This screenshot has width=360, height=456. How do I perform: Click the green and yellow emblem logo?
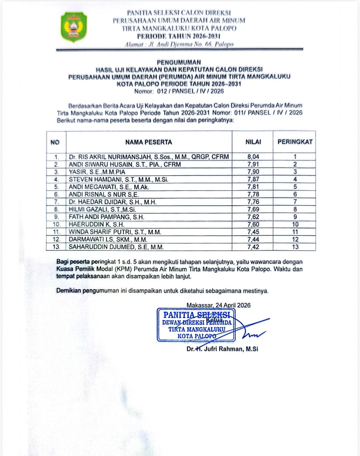point(74,27)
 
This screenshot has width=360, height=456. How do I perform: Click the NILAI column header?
point(253,142)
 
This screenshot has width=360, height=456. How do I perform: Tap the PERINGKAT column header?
point(295,142)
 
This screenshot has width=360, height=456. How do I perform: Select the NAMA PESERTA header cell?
point(149,142)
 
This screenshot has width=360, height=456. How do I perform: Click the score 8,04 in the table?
point(253,156)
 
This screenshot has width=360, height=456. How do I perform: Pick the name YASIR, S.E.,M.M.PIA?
point(97,172)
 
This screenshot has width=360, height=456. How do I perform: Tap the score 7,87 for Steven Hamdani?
point(253,179)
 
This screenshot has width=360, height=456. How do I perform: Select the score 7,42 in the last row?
point(253,247)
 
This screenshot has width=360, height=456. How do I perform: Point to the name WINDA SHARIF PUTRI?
point(115,232)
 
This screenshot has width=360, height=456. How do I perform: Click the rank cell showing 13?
point(295,247)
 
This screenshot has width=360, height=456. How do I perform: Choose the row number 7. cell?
point(56,202)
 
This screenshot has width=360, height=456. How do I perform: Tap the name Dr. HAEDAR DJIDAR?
point(113,202)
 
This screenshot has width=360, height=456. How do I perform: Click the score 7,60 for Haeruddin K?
point(253,224)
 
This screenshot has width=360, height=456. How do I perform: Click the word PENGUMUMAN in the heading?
point(179,62)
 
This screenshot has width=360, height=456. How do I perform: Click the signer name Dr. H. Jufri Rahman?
point(222,349)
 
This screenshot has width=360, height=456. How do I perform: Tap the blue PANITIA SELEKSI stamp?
point(196,325)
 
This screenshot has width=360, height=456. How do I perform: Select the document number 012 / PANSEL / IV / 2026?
point(190,91)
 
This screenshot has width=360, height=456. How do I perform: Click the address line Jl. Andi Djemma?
point(179,44)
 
